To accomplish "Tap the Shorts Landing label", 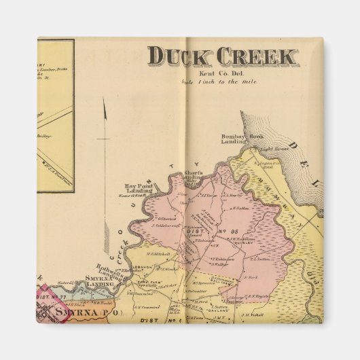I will (194, 176).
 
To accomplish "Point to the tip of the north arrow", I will (104, 98).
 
